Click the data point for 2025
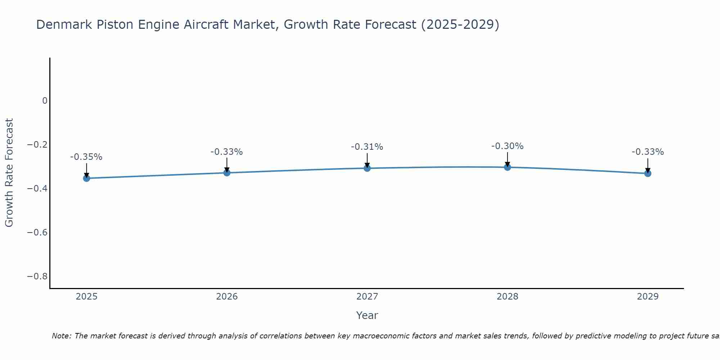click(86, 178)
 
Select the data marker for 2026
click(227, 173)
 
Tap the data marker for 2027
click(367, 168)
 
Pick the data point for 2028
click(508, 167)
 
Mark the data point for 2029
click(648, 174)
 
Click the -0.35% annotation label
click(86, 157)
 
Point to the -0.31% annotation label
click(367, 147)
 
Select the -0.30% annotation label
click(507, 146)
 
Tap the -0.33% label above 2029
click(648, 152)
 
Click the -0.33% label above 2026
click(227, 152)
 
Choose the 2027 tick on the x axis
click(367, 297)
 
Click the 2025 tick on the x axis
click(87, 297)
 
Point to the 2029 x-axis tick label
click(648, 297)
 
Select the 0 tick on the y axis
click(45, 101)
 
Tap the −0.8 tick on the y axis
click(37, 276)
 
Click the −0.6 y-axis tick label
click(37, 233)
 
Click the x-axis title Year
click(367, 315)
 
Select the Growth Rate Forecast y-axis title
click(9, 173)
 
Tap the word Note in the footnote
click(61, 336)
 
